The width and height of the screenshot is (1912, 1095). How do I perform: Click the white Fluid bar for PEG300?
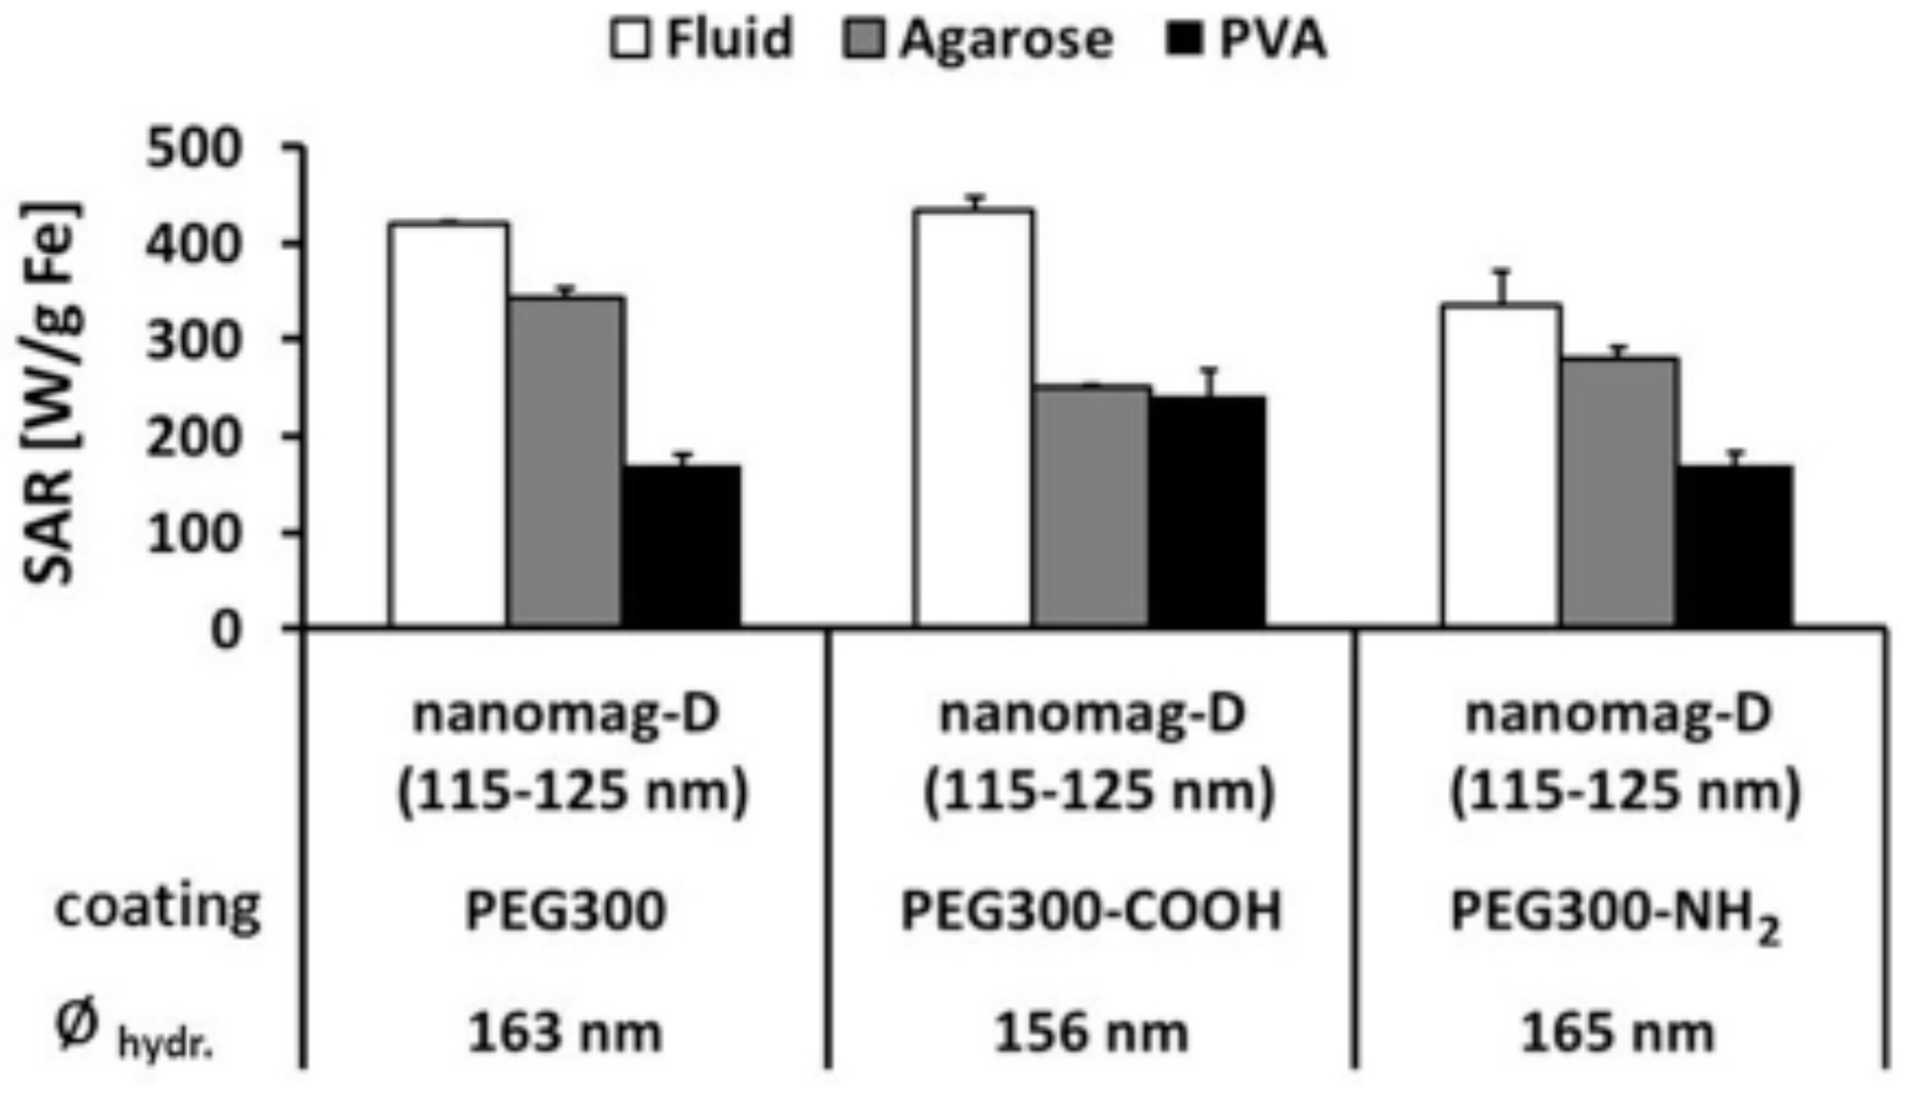(x=448, y=425)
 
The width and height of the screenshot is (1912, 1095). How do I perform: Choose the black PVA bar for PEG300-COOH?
(x=1206, y=511)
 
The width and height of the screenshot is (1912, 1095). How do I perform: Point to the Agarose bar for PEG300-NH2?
(x=1619, y=492)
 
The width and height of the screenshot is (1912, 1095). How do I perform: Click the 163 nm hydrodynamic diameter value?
(x=565, y=1033)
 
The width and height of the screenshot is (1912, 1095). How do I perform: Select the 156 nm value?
(x=1091, y=1033)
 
